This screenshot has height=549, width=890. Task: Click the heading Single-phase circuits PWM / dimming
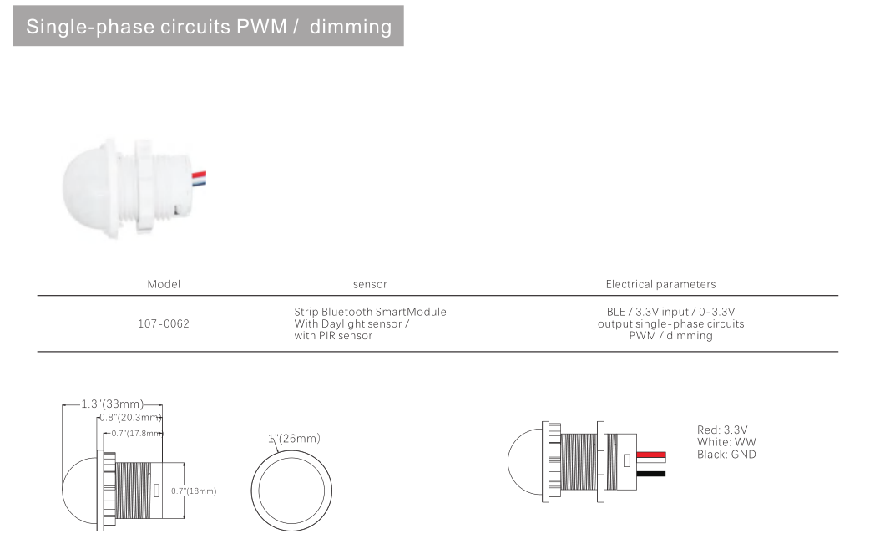tap(209, 27)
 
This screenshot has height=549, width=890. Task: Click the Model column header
tap(164, 284)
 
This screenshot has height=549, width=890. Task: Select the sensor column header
tap(370, 284)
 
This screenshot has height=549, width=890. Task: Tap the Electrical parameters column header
tap(660, 284)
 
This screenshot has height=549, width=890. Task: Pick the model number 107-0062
tap(164, 323)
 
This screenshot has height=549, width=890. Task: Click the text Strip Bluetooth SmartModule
tap(370, 312)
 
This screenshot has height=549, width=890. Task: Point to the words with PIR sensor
tap(333, 335)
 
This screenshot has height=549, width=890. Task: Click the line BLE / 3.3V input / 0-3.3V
tap(671, 312)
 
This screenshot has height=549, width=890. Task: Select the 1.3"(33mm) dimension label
tap(113, 404)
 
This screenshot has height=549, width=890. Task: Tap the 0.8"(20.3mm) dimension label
tap(130, 418)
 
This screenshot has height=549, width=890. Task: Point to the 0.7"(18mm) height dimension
tap(194, 491)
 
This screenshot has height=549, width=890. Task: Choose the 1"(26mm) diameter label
tap(294, 438)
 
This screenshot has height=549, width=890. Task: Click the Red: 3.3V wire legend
tap(722, 430)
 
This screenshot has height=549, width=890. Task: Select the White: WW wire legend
tap(726, 441)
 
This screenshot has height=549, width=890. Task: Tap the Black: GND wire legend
tap(726, 454)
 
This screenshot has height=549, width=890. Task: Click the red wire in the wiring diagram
tap(651, 455)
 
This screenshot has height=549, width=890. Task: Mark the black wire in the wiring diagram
tap(651, 474)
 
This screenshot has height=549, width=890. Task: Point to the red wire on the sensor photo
tap(200, 175)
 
